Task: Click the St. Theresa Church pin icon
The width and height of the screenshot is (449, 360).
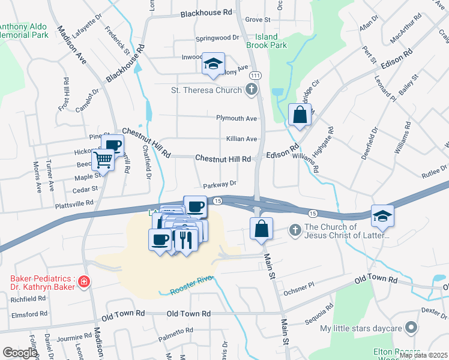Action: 252,91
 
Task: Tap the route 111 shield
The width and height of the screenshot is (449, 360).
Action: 256,75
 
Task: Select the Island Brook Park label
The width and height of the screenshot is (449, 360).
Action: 267,41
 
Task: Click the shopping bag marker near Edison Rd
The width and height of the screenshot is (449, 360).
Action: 300,114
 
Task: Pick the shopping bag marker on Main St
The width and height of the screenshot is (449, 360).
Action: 261,229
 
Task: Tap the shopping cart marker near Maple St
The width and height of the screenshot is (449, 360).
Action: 103,160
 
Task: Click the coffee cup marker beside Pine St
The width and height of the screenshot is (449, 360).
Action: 112,145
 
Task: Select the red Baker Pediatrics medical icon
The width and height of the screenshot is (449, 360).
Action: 85,281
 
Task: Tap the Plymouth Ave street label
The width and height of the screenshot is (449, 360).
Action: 237,118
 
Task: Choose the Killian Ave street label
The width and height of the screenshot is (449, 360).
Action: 241,139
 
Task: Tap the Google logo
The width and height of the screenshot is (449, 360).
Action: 20,353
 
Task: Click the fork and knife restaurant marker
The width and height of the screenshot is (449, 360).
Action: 185,238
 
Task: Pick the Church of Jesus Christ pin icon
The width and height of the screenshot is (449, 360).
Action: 295,230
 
